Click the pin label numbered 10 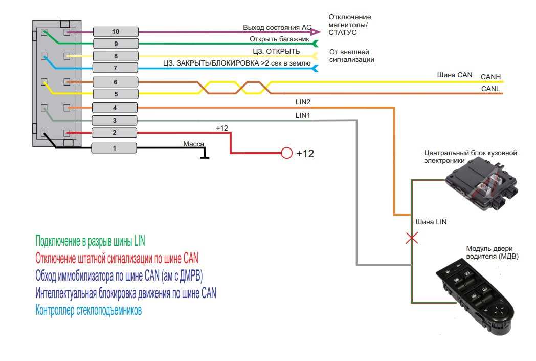pos(116,32)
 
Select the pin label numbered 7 pos(115,68)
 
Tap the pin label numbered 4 pos(115,108)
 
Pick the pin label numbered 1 pos(114,148)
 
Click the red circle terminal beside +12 pos(286,153)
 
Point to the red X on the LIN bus pos(412,238)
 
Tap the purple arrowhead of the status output pos(315,32)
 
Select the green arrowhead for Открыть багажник pos(315,44)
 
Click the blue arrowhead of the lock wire pos(315,69)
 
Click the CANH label pos(490,77)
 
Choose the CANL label pos(490,89)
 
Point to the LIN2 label pos(303,102)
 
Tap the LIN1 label pos(303,115)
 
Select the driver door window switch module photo pos(475,296)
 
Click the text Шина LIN pos(431,222)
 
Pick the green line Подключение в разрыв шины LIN pos(90,241)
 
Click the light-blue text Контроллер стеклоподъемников pos(88,310)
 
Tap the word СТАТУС pos(343,32)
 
